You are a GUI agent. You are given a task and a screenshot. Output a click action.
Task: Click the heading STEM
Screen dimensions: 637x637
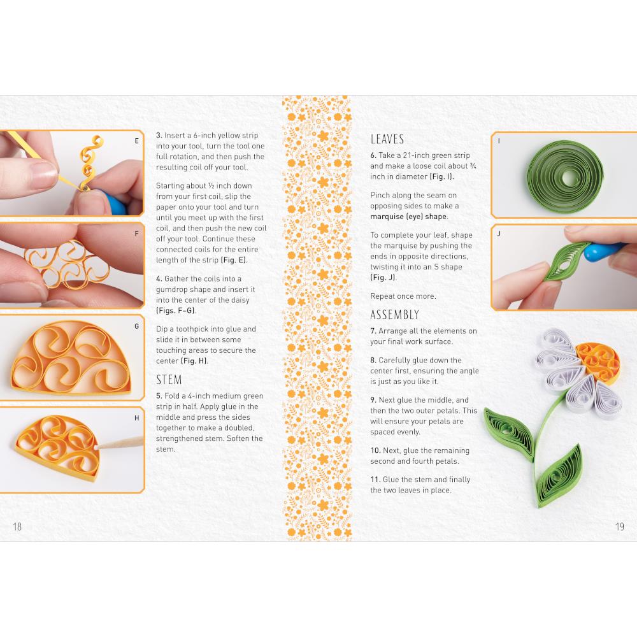[x=169, y=380]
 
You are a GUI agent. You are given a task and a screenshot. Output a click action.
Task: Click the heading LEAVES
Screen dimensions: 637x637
[x=387, y=140]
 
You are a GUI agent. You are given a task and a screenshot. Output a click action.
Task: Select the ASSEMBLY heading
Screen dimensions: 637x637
[x=394, y=315]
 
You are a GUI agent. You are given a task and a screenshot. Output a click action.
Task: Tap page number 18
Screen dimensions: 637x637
[x=17, y=527]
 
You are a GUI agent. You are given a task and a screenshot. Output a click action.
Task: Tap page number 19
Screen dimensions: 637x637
[x=620, y=527]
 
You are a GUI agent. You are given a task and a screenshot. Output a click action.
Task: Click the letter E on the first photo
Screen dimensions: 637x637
[x=136, y=141]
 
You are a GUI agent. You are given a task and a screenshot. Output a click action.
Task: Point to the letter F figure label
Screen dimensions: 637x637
[x=136, y=234]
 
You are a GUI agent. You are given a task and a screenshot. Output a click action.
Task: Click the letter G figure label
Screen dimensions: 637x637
[x=136, y=326]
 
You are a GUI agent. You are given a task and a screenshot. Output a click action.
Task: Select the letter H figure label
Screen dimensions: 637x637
[x=136, y=418]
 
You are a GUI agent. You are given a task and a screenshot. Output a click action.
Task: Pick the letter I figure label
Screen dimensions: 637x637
[x=499, y=141]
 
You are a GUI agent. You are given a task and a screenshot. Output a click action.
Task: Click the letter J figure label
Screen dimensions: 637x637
[x=499, y=234]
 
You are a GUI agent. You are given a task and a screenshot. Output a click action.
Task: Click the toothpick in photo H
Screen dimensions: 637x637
[x=120, y=443]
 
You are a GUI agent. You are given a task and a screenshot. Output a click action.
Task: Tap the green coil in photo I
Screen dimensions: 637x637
[x=565, y=176]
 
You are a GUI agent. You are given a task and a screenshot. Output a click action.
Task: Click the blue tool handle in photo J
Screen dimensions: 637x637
[x=603, y=250]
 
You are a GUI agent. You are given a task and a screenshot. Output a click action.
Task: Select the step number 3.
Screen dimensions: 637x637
[x=159, y=136]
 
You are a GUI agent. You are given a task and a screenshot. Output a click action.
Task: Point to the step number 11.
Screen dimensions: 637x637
[x=375, y=480]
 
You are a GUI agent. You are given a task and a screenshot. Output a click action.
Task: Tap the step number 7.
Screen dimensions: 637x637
[x=373, y=331]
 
